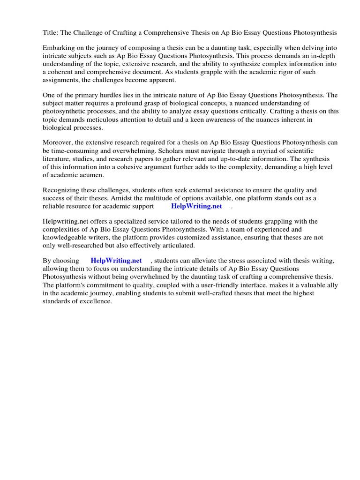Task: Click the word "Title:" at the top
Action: click(x=51, y=33)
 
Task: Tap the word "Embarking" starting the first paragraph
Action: click(x=59, y=48)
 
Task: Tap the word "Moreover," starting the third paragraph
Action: click(x=59, y=142)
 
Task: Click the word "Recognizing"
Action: click(x=62, y=190)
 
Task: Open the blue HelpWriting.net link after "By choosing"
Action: click(x=116, y=261)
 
